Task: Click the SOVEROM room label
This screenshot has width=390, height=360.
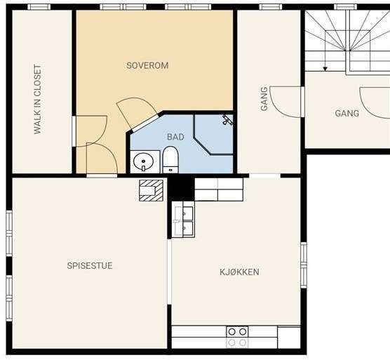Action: tap(147, 65)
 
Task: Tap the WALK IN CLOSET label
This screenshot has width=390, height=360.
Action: tap(37, 99)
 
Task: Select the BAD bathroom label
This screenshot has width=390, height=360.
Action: tap(175, 137)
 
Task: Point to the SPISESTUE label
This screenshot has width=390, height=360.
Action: tap(90, 265)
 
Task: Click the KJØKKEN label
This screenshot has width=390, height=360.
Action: tap(239, 272)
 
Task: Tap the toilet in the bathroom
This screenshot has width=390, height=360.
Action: tap(170, 159)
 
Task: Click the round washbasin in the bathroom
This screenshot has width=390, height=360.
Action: tap(144, 161)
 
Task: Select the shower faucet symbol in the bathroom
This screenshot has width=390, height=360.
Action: tap(227, 120)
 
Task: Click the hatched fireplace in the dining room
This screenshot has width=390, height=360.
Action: tap(151, 191)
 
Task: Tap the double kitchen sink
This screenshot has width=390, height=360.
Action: tap(183, 220)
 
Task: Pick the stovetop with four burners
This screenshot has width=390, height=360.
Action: tap(237, 337)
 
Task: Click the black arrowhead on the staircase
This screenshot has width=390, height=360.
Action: tap(325, 69)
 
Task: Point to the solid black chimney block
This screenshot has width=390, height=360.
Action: tap(181, 189)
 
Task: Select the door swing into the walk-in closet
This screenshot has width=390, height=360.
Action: tap(91, 131)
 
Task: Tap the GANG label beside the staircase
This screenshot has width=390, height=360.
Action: tap(347, 114)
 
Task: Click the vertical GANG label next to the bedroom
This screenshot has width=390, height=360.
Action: tap(264, 98)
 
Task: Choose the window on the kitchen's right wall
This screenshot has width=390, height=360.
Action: tap(304, 265)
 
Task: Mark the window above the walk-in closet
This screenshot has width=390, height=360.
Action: tap(39, 7)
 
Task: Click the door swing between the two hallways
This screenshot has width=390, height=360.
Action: tap(286, 102)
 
